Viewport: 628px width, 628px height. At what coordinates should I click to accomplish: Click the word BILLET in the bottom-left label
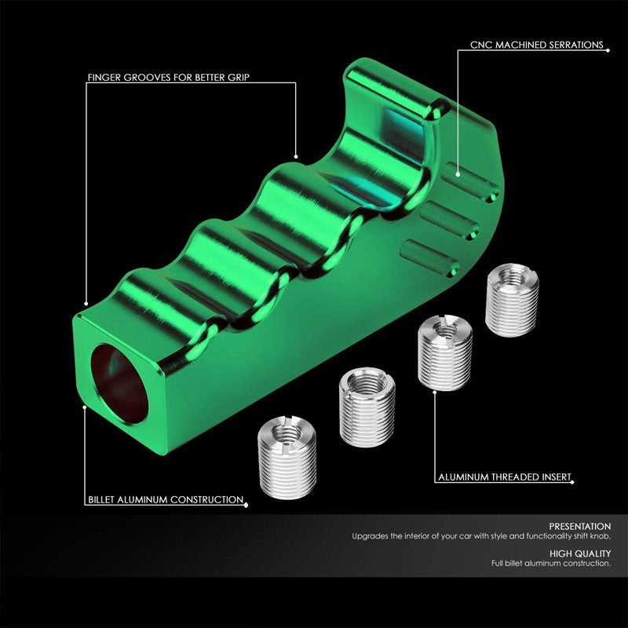[104, 499]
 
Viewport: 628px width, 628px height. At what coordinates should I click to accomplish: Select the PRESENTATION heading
[580, 526]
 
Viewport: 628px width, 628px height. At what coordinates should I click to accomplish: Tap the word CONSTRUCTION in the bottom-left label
[206, 499]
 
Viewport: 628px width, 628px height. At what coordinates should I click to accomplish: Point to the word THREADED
[511, 476]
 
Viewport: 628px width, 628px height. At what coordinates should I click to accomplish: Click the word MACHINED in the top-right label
[528, 46]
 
